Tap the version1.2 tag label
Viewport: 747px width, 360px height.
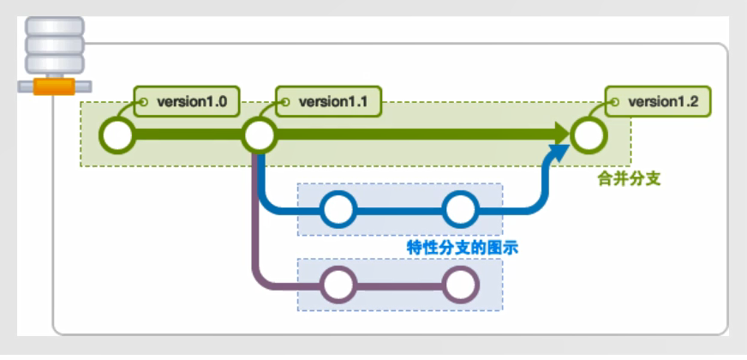[663, 102]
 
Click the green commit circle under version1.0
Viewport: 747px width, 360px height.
[117, 135]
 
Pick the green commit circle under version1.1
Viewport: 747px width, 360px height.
[259, 135]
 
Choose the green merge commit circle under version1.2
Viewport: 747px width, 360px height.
[589, 135]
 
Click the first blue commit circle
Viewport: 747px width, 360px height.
[339, 208]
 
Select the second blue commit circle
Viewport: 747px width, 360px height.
[460, 208]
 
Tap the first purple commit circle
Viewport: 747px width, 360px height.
[339, 283]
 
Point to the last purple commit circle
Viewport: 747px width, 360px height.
[460, 283]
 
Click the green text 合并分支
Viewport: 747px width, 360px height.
[624, 183]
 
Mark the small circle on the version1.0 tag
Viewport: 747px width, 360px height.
[145, 102]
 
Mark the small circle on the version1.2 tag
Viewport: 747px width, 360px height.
[614, 102]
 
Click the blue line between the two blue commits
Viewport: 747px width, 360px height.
[399, 208]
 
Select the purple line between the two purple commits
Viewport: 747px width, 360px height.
[399, 283]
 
